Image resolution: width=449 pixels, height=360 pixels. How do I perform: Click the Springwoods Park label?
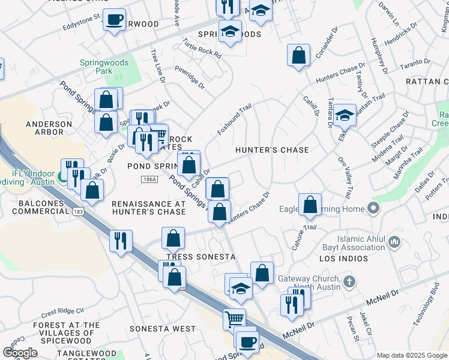[x=97, y=67]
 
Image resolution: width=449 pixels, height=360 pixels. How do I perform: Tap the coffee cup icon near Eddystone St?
[x=114, y=20]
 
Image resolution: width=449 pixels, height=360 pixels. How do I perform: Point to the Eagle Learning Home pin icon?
[x=373, y=209]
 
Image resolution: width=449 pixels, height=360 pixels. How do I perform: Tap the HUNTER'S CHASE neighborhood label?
[x=272, y=150]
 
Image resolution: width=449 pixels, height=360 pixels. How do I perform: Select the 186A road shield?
[x=149, y=179]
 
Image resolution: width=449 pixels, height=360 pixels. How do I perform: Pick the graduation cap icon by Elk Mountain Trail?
[x=345, y=114]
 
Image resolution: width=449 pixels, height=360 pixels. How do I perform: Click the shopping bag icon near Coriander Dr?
[x=298, y=56]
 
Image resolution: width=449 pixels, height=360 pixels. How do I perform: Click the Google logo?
[x=20, y=353]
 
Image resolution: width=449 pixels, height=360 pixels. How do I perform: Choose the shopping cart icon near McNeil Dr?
[x=234, y=318]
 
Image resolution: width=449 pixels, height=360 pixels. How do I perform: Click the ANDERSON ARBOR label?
[x=44, y=127]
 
